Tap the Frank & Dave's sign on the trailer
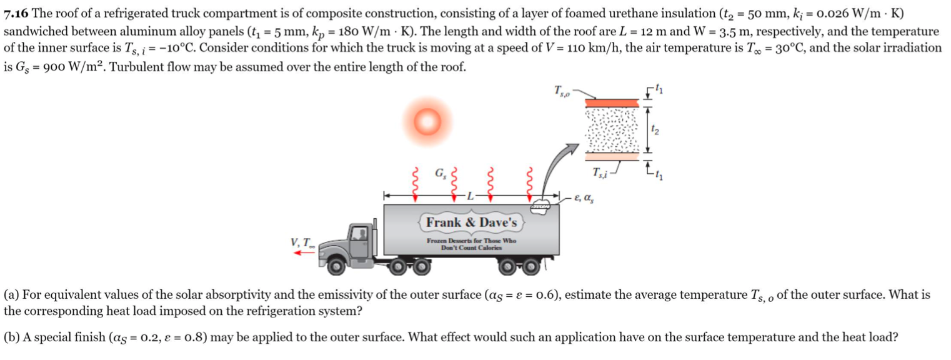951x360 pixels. [471, 222]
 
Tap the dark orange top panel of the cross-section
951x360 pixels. [610, 102]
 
